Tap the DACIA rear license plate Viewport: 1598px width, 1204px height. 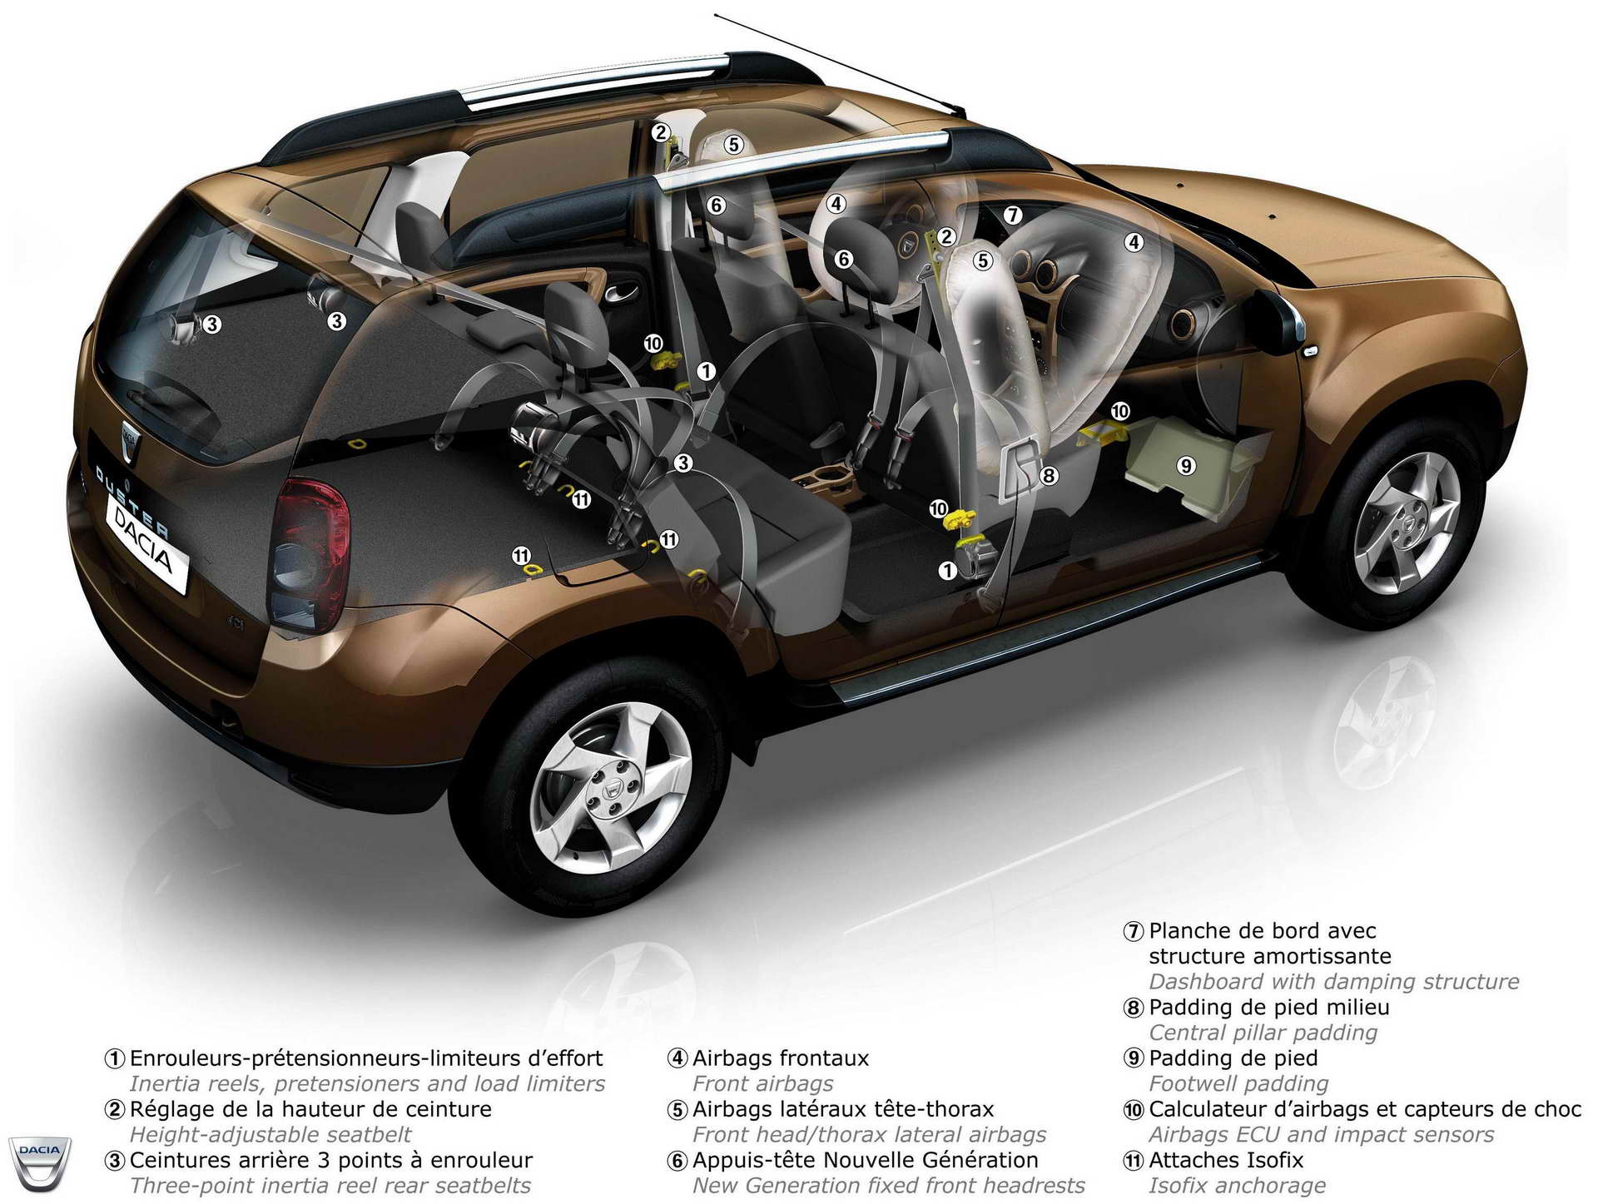(147, 545)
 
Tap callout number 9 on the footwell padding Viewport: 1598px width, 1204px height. (1186, 465)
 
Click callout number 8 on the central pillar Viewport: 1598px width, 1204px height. (1049, 475)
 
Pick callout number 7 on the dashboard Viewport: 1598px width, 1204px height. (1012, 215)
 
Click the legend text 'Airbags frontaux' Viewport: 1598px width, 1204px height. (780, 1058)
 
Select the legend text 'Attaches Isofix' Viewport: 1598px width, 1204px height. (1226, 1160)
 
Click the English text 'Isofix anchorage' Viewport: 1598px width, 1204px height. (1237, 1186)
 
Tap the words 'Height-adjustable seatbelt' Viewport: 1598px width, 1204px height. (270, 1135)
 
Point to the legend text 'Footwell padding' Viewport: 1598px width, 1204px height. (1238, 1083)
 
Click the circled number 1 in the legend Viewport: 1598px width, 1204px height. (114, 1059)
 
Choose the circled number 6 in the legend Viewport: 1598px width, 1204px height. (677, 1161)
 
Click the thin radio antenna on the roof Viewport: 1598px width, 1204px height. (840, 63)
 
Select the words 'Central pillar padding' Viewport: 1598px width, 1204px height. (1263, 1033)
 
